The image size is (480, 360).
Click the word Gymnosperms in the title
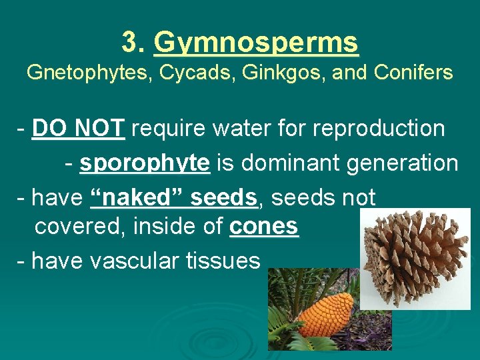[256, 43]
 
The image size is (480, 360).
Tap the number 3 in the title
[129, 43]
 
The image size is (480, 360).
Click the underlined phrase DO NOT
[78, 127]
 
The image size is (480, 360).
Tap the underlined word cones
[265, 227]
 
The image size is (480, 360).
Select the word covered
[80, 227]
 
